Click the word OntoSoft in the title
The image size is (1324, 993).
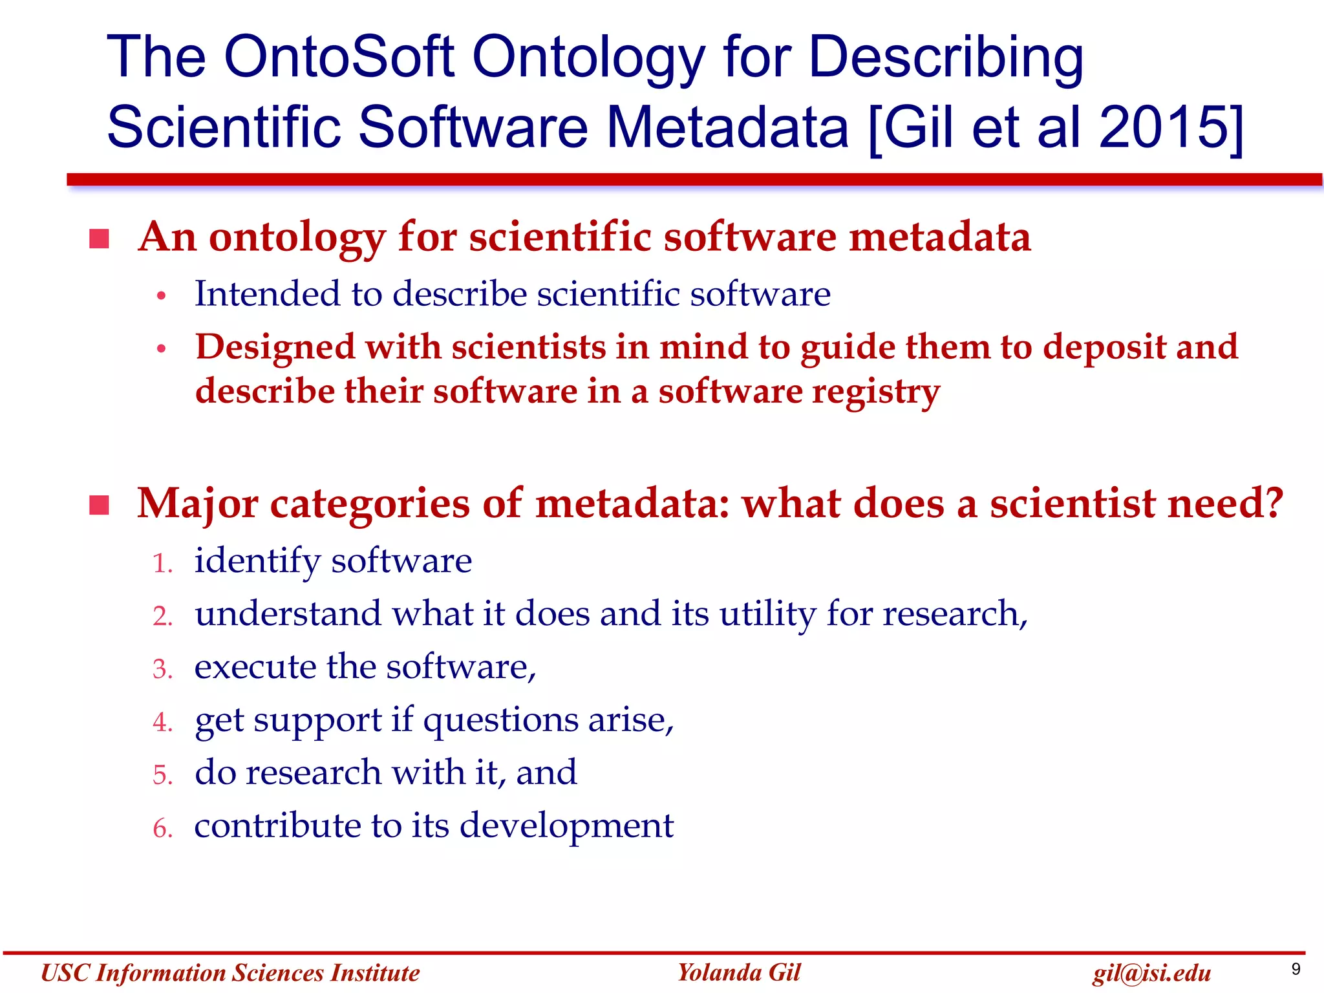point(339,57)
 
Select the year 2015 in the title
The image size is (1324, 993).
point(1161,127)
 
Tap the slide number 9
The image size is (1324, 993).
point(1296,968)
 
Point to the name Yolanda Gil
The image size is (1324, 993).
point(738,972)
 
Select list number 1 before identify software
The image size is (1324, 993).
point(162,563)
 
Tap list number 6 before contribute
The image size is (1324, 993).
point(162,828)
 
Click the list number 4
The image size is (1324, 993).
point(162,722)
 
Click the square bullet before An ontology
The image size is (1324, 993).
point(99,239)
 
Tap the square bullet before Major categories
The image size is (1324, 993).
point(99,505)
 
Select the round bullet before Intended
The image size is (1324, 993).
point(162,297)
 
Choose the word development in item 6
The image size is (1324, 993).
point(566,827)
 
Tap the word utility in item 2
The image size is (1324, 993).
point(767,614)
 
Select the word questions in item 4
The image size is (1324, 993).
point(500,721)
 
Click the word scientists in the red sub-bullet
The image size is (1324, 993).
point(528,347)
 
